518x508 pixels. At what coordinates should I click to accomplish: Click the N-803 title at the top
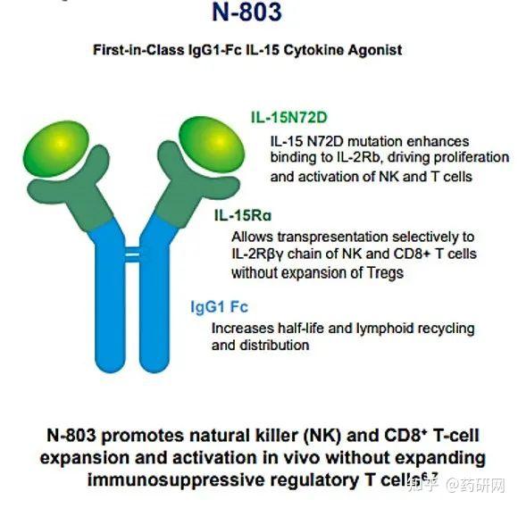[258, 12]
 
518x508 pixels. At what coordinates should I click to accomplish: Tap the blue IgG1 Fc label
[219, 307]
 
